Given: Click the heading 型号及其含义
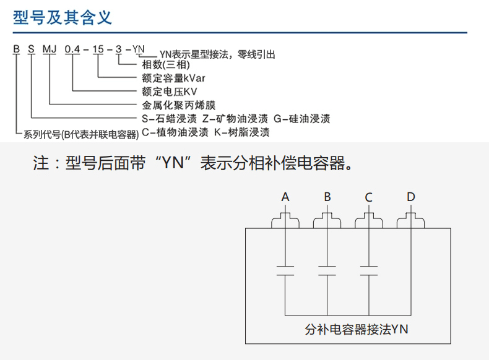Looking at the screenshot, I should pos(62,17).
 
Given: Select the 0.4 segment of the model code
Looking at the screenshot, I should pos(73,48).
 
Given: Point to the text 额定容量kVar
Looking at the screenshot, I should pos(173,79).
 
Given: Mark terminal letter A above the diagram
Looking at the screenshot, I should pos(285,197).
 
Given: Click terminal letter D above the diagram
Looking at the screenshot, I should pos(411,197).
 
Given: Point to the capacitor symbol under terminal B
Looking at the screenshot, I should pos(327,271).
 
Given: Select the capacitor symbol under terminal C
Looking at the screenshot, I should pos(369,271).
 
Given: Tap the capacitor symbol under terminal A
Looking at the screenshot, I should pos(285,271).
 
